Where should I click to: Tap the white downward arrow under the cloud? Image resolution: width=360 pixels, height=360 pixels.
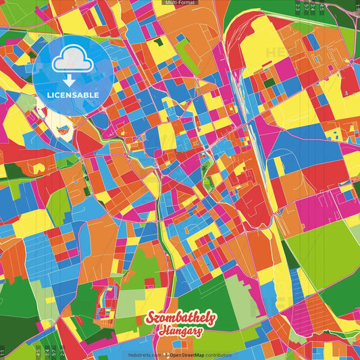click(x=70, y=80)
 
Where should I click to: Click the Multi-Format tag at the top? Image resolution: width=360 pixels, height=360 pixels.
click(x=180, y=3)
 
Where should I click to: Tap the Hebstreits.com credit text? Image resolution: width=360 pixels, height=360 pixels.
click(x=142, y=355)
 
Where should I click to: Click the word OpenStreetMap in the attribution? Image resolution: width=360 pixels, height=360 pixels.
click(x=188, y=355)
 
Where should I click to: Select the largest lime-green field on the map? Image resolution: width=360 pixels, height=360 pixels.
click(x=321, y=243)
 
